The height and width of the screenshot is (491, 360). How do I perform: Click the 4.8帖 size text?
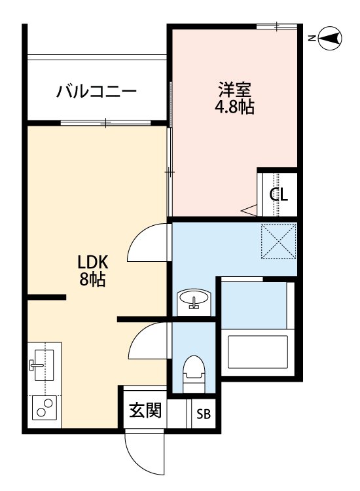(x=234, y=107)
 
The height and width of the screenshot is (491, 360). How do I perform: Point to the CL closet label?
(x=279, y=195)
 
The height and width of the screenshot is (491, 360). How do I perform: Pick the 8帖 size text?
(x=92, y=281)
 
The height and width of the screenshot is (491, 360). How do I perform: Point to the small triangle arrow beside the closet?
(x=250, y=210)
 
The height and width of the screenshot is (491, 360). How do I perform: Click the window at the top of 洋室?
(x=277, y=26)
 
